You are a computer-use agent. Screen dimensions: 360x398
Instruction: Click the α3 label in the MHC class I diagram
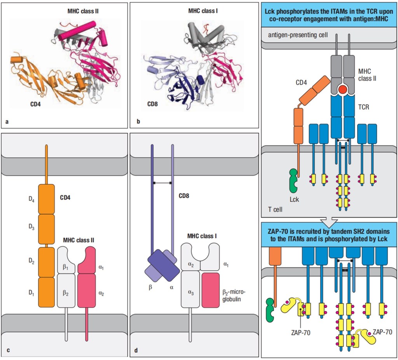190,293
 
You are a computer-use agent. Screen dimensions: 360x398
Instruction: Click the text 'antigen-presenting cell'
298,35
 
